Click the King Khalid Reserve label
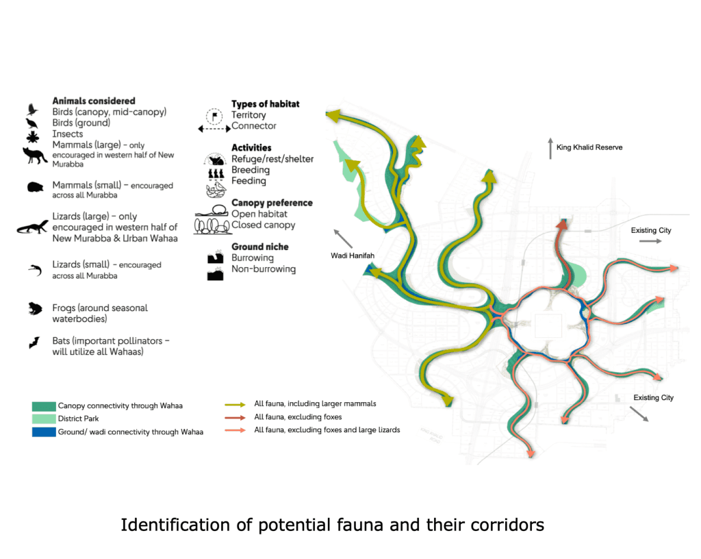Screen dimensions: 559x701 [589, 147]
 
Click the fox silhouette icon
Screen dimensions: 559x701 [34, 155]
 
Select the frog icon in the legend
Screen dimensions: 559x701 [33, 309]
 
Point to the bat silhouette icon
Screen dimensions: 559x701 [33, 342]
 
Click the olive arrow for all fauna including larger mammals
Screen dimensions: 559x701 [235, 404]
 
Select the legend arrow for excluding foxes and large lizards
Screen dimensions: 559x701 [235, 430]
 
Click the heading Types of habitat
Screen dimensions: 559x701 [265, 104]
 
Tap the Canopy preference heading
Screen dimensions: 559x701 [272, 203]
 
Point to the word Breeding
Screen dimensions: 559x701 [251, 170]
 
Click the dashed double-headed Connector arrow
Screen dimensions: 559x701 [214, 128]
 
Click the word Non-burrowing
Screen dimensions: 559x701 [264, 269]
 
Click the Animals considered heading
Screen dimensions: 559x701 [94, 101]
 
